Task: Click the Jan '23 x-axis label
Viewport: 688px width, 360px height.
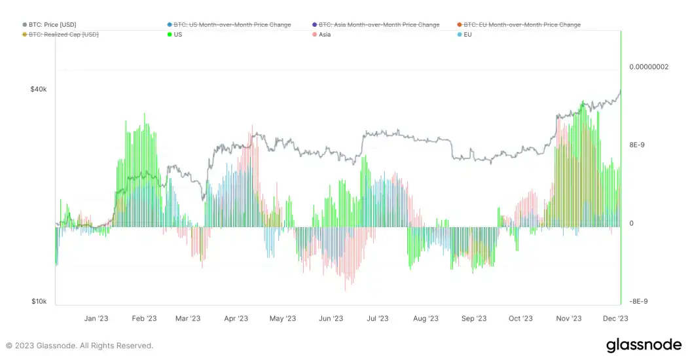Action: click(x=96, y=319)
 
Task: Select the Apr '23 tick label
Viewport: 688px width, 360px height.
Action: click(x=236, y=319)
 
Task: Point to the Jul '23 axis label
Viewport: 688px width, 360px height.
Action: click(x=378, y=319)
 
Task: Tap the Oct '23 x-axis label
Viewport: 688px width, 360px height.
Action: click(x=520, y=319)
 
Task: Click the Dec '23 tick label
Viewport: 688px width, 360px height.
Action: click(x=615, y=319)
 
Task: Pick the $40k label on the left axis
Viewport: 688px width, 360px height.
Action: click(x=39, y=89)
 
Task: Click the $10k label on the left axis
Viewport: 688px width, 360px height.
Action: click(x=39, y=302)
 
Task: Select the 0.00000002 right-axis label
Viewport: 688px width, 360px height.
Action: click(x=649, y=67)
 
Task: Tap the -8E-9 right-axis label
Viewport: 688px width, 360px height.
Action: click(x=640, y=302)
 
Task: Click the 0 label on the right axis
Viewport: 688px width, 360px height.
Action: click(x=632, y=224)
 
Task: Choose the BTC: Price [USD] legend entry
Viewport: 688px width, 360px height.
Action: click(x=52, y=25)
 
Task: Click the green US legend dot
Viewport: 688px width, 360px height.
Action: click(x=170, y=34)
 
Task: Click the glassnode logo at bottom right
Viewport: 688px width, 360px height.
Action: click(x=643, y=345)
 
